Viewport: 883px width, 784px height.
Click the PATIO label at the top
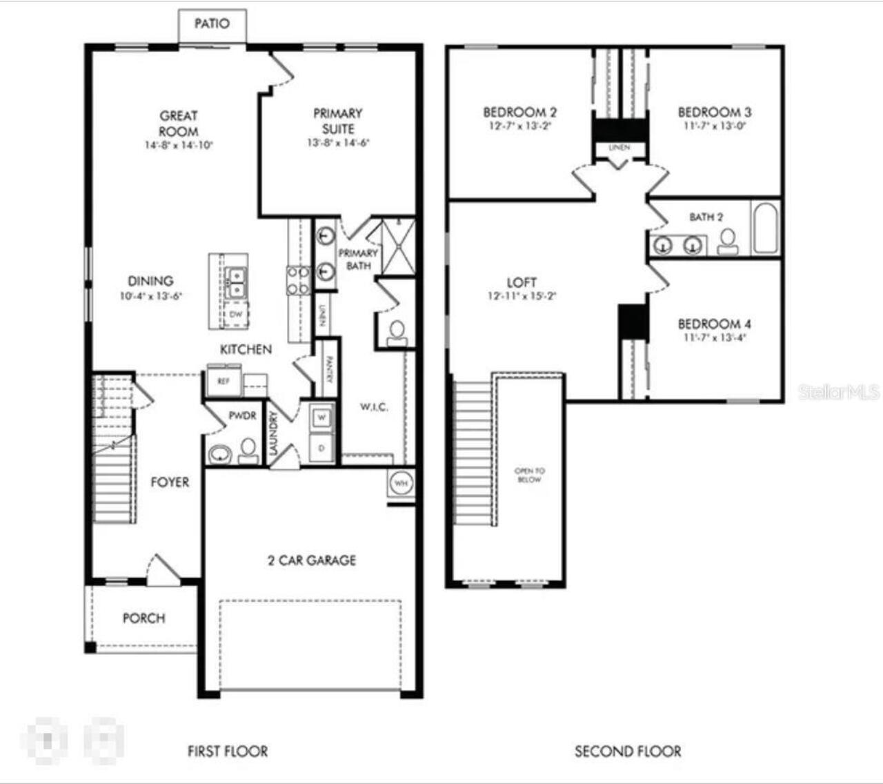coord(211,23)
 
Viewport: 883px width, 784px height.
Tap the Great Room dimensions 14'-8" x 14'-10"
coord(179,146)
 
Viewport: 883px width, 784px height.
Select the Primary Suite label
coord(338,121)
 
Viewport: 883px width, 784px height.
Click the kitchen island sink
coord(235,282)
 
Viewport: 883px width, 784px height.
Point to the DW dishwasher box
coord(236,315)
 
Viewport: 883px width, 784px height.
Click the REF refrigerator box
coord(224,381)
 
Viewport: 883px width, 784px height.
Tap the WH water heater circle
coord(401,483)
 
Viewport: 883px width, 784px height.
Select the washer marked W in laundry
coord(322,418)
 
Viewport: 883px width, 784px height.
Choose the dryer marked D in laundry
coord(322,448)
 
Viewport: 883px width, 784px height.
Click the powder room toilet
coord(248,451)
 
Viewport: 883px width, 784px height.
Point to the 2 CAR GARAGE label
coord(312,560)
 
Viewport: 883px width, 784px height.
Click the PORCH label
coord(143,618)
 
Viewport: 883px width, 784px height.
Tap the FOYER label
coord(170,482)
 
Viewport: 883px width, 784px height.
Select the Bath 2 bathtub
coord(766,228)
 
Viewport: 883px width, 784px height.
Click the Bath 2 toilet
coord(726,241)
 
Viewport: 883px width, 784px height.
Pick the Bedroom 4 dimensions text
coord(715,337)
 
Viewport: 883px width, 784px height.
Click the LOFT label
coord(522,282)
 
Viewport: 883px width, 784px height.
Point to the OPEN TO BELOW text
coord(529,475)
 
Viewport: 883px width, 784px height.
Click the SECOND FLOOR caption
coord(628,751)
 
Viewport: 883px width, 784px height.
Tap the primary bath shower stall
coord(398,246)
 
